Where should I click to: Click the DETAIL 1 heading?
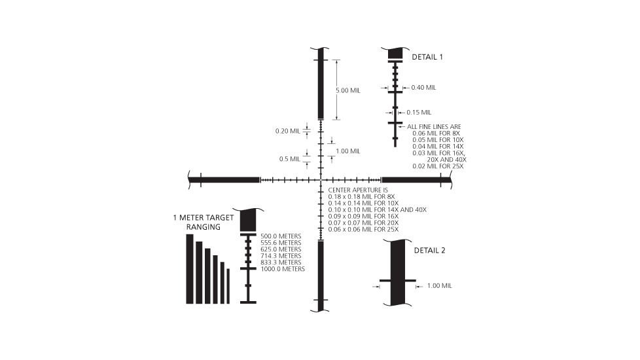tap(427, 57)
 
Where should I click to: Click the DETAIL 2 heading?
tap(429, 250)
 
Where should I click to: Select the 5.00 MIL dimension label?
tap(347, 90)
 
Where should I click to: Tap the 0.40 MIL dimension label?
tap(423, 87)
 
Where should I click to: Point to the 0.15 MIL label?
tap(419, 112)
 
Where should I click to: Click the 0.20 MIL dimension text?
tap(287, 131)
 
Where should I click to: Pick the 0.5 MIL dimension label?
tap(289, 158)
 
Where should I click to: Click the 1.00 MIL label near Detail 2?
tap(439, 286)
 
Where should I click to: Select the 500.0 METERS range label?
tap(281, 236)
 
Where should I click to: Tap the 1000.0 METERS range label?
tap(282, 269)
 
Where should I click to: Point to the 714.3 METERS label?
tap(281, 255)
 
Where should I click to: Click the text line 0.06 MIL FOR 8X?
tap(437, 133)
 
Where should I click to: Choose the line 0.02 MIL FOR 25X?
tap(438, 166)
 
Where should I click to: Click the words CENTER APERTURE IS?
tap(358, 190)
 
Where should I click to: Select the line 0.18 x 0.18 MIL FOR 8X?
tap(362, 196)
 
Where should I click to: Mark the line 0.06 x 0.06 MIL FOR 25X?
tap(363, 230)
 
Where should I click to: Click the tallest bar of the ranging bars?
tap(190, 269)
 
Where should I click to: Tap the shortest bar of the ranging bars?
tap(228, 286)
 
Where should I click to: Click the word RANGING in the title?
tap(203, 227)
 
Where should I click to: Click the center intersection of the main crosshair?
tap(321, 179)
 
